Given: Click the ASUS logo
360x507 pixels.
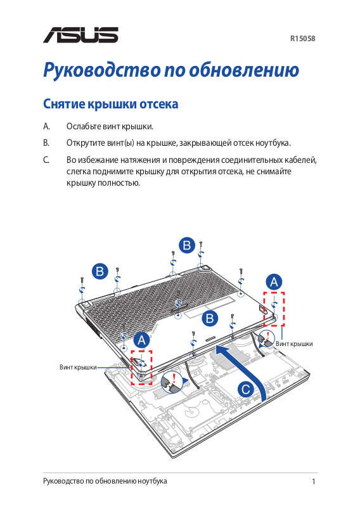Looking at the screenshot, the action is [80, 35].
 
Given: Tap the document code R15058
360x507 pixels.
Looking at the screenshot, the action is [302, 39].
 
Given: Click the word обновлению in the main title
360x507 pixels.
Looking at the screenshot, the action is [244, 70].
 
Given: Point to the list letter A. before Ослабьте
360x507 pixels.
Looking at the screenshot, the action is [46, 126].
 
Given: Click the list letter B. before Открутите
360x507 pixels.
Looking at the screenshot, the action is [46, 143].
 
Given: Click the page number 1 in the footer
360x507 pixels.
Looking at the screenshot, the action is [314, 482].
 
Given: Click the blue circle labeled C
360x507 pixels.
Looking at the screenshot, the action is [246, 389].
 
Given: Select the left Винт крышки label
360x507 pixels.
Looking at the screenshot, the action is [78, 368].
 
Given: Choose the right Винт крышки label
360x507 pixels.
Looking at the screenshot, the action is [294, 343].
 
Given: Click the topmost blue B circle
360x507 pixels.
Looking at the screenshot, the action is [187, 245].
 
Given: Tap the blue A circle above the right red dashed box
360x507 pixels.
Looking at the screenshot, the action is [274, 282].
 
